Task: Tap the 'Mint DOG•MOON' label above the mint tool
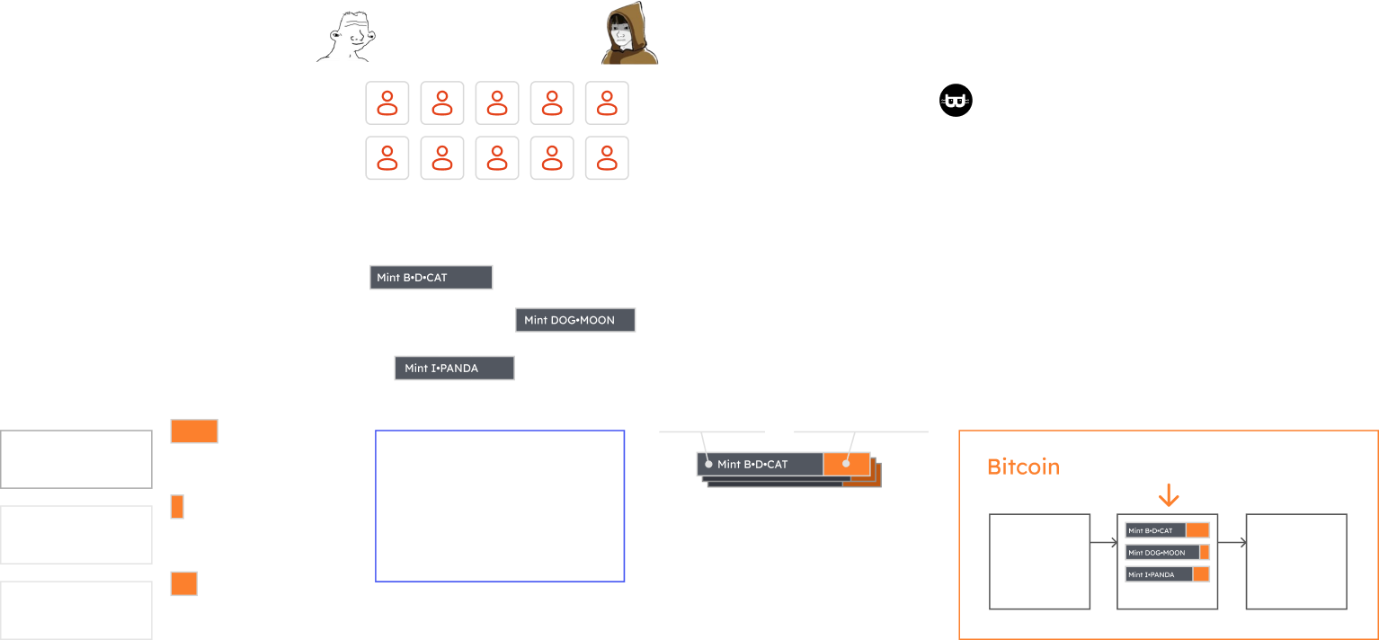[x=575, y=320]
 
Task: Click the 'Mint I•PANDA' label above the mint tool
[x=454, y=368]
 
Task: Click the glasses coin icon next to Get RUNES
[x=957, y=102]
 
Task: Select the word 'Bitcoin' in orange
[x=1023, y=467]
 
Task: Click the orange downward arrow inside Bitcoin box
[x=1168, y=494]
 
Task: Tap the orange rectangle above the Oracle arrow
[x=194, y=431]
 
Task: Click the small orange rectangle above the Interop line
[x=177, y=507]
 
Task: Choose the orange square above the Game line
[x=183, y=583]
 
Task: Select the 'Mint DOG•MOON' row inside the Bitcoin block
[x=1167, y=553]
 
